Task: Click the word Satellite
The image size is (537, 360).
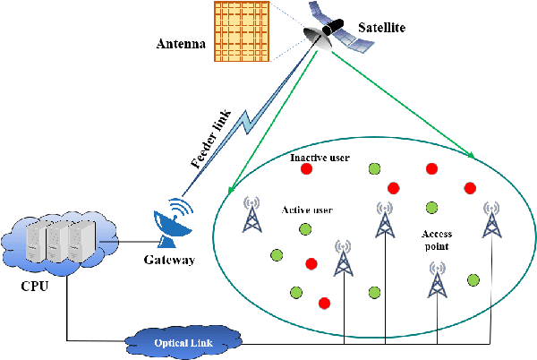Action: pos(379,28)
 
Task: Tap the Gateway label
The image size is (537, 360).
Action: pos(169,261)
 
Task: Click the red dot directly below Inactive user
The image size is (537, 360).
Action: pos(306,169)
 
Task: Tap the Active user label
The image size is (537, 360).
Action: pos(307,210)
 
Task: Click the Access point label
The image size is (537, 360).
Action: pos(438,239)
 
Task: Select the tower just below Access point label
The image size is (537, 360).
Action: pos(438,280)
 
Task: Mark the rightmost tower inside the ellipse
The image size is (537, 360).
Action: pos(490,219)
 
